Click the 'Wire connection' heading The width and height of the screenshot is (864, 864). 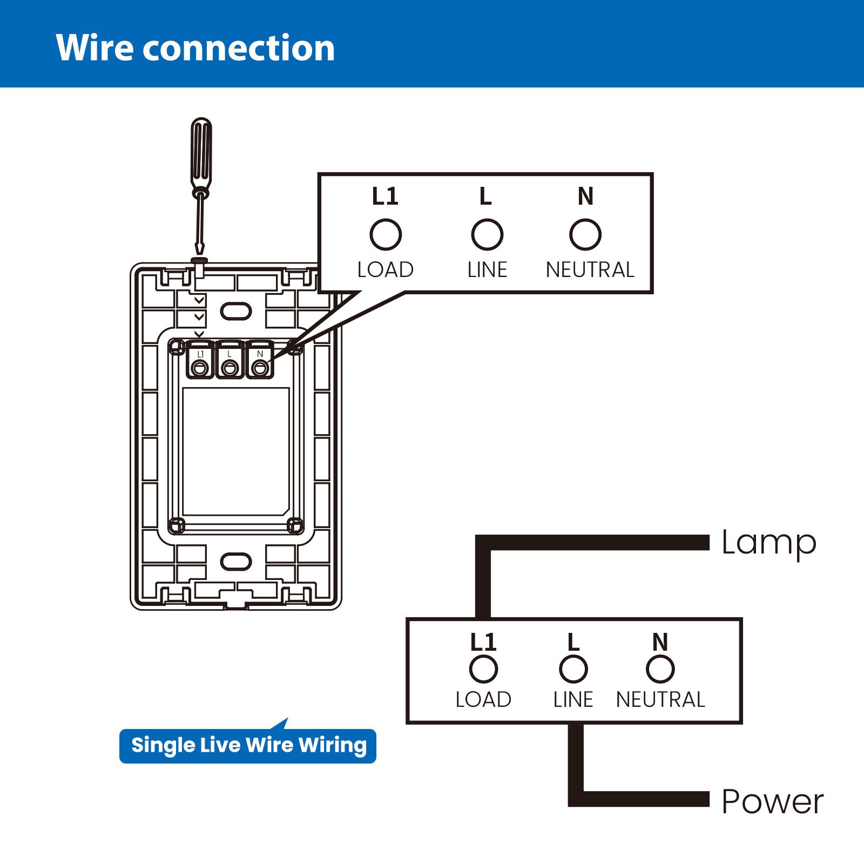195,48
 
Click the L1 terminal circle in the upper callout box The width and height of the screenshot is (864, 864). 386,234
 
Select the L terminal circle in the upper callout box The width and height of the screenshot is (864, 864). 487,234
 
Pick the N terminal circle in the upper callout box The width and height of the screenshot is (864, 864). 585,234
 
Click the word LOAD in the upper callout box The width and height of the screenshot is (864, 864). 386,269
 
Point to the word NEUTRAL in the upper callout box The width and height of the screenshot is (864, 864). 590,269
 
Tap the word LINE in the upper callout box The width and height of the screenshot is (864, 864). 487,269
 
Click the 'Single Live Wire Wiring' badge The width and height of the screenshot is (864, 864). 248,746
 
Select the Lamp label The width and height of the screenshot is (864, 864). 768,543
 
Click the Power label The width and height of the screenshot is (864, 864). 772,802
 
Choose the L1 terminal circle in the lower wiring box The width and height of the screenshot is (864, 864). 483,669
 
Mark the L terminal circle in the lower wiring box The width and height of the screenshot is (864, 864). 573,669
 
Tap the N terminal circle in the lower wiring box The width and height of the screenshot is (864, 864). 660,669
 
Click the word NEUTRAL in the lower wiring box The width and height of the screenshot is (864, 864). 660,700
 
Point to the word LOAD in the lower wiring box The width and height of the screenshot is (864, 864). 483,700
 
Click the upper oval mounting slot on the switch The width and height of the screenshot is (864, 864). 236,312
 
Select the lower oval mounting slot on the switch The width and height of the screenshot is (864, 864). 236,562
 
